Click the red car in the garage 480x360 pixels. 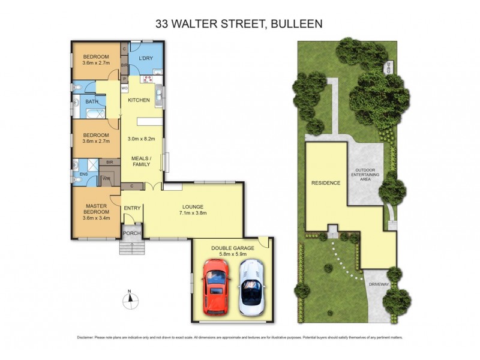216,287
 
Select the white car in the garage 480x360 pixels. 251,287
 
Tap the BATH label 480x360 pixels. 92,102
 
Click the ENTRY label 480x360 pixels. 132,208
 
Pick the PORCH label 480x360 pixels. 132,233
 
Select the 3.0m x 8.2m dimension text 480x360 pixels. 142,139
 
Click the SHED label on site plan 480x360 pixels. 389,67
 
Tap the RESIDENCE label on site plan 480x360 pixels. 326,183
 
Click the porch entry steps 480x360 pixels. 132,247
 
